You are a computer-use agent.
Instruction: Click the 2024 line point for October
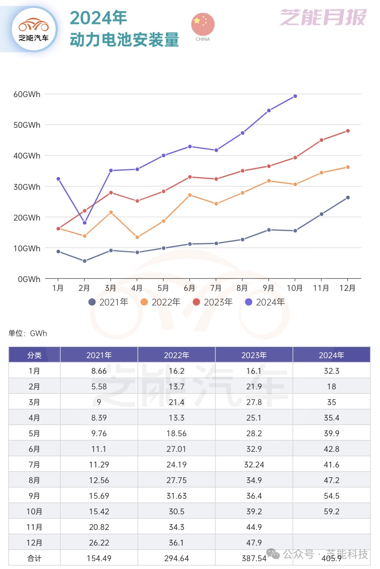point(295,96)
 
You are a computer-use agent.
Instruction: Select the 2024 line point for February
point(84,223)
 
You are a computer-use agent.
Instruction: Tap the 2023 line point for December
point(348,131)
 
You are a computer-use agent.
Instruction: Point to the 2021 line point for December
point(348,198)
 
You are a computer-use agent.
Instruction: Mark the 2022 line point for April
point(137,238)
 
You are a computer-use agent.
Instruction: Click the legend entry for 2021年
point(108,302)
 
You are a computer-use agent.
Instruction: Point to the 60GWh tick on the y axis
point(27,94)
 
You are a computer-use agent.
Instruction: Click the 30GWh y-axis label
point(27,187)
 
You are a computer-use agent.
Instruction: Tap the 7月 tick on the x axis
point(216,288)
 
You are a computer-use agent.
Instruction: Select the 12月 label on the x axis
point(348,288)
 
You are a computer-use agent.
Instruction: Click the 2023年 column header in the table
point(254,355)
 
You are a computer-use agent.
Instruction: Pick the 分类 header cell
point(34,355)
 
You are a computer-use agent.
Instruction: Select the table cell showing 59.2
point(332,511)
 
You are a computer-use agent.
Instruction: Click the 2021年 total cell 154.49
point(99,558)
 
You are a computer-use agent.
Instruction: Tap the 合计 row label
point(34,558)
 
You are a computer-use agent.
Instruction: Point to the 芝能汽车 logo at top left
point(33,29)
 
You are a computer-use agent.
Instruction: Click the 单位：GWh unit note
point(28,334)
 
